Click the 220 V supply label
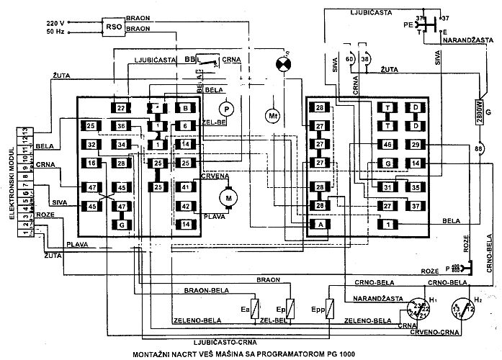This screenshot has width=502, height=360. point(56,22)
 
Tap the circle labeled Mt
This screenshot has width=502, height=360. point(272,115)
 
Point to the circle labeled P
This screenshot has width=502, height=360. point(226,107)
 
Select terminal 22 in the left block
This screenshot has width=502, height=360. point(120,108)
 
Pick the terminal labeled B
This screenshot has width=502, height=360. point(185,108)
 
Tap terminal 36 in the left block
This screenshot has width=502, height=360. point(121,127)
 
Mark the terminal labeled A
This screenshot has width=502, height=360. point(317,225)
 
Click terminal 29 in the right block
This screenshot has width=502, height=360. point(415,145)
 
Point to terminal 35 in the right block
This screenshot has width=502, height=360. point(415,187)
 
